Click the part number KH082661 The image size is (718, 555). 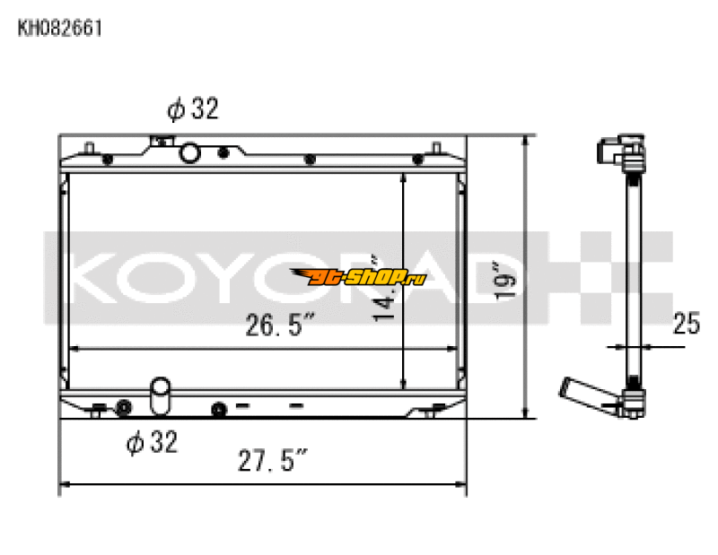pos(60,28)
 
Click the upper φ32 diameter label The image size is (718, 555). pos(192,109)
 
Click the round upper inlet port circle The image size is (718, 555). pos(190,153)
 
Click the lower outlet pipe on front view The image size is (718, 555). pos(161,395)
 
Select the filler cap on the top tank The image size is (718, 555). pos(162,141)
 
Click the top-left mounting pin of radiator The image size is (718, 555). pos(90,148)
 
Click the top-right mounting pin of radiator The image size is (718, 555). pos(435,148)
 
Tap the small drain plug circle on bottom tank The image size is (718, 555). pos(216,410)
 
